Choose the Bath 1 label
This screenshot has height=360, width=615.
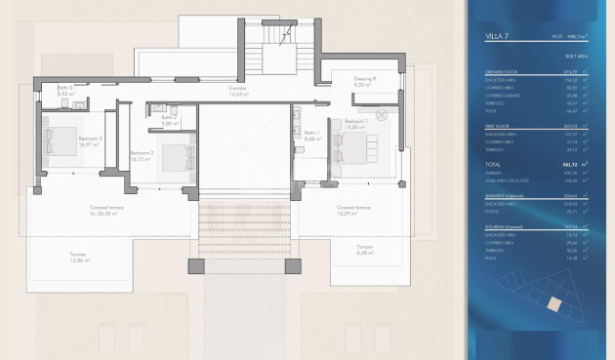[311, 135]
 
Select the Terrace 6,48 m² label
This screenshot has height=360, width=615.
[363, 249]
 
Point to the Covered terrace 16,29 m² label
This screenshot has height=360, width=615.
[352, 210]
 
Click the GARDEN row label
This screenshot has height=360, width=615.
[494, 173]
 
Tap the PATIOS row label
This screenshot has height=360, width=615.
[493, 210]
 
